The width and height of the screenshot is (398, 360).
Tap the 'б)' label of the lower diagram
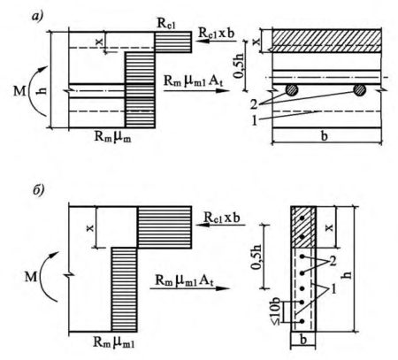39,190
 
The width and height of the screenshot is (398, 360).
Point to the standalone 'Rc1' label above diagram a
166,24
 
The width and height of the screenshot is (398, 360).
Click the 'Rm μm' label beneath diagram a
112,137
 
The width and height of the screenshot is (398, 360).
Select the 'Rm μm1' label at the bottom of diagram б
114,341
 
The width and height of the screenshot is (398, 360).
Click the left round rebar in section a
292,90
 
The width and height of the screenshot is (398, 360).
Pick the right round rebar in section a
359,90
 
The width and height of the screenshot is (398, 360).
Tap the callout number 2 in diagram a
254,104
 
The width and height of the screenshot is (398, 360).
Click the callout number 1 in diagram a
255,120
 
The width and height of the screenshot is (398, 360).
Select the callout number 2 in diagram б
333,261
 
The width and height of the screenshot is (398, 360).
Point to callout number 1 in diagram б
333,289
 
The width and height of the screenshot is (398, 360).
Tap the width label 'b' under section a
325,136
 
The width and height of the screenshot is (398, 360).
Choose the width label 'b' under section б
303,340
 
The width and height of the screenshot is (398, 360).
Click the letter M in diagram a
19,91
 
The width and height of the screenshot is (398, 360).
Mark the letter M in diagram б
31,278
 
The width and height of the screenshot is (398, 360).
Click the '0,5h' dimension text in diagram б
256,257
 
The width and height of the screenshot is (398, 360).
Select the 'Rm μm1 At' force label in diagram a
194,80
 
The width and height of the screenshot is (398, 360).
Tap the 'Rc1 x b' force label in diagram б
222,218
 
